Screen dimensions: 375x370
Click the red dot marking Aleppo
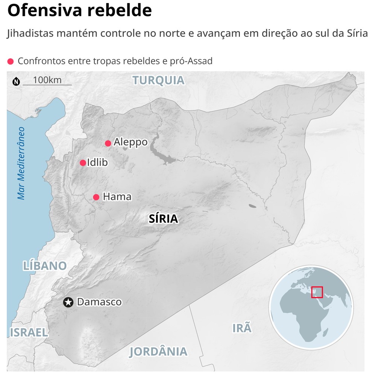(x=108, y=143)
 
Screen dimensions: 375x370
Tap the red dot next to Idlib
(x=83, y=163)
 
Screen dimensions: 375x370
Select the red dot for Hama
(x=96, y=197)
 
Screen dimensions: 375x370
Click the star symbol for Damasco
(x=68, y=302)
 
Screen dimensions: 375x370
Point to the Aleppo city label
(x=130, y=142)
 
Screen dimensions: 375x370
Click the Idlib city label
(x=97, y=163)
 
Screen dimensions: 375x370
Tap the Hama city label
(x=117, y=197)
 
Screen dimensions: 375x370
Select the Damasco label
(x=99, y=302)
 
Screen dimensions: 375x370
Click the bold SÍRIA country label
(x=163, y=219)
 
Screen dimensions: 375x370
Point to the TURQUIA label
(x=158, y=80)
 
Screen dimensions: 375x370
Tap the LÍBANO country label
(x=45, y=265)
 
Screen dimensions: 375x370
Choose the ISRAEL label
(x=29, y=332)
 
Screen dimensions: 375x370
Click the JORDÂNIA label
(x=158, y=351)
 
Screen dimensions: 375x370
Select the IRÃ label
(x=241, y=328)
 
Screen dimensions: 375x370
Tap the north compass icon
(x=16, y=81)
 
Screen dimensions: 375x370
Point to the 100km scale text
(x=47, y=80)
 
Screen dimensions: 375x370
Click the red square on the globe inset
(x=317, y=292)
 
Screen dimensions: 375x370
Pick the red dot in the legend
(x=11, y=61)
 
